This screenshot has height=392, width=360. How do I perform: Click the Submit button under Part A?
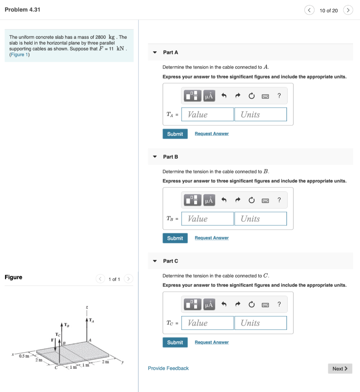click(x=175, y=134)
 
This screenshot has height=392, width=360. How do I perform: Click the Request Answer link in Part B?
click(x=211, y=238)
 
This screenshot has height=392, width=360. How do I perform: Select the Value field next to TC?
click(x=207, y=323)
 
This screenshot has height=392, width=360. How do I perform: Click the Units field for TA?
click(x=260, y=114)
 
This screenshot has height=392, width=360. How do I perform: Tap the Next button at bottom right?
click(x=340, y=369)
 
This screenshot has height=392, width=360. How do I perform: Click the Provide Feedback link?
click(x=168, y=368)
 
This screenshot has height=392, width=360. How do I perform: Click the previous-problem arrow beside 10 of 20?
click(x=309, y=10)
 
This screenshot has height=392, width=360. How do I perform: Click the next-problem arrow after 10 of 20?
click(x=348, y=10)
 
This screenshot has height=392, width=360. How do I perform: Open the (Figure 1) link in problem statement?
click(x=19, y=55)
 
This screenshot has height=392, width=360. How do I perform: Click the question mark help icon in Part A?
click(x=279, y=96)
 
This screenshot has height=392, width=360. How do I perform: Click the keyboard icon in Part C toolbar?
click(x=265, y=305)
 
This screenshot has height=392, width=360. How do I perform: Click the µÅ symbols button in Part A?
click(x=209, y=96)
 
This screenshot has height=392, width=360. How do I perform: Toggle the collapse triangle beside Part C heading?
click(x=155, y=261)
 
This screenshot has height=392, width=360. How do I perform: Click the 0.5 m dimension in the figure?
click(x=24, y=356)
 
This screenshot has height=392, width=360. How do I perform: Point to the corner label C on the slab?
click(x=56, y=368)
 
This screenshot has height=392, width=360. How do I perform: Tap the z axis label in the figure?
click(x=87, y=307)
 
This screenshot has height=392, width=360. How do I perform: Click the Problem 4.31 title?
click(x=22, y=10)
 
